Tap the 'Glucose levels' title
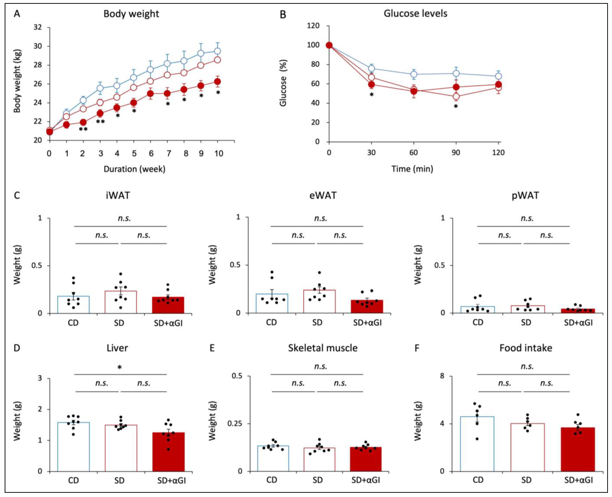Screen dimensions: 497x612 click(x=415, y=13)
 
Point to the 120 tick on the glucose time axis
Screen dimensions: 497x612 click(x=498, y=153)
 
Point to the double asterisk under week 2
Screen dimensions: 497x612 click(x=83, y=129)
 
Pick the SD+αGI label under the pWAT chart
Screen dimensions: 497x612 click(x=578, y=323)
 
